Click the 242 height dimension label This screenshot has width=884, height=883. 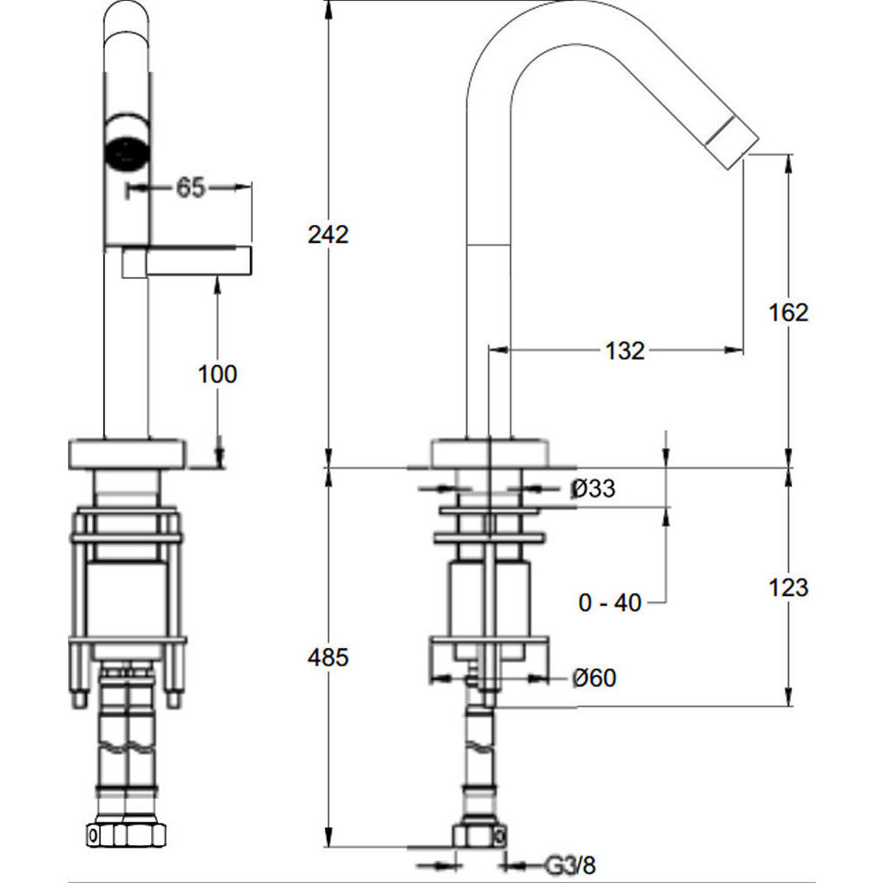[329, 234]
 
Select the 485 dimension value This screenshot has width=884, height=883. [329, 658]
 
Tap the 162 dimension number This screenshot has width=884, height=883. [788, 313]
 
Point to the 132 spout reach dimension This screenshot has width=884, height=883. [624, 351]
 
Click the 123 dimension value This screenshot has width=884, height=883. [788, 587]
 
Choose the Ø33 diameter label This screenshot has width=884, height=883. [593, 488]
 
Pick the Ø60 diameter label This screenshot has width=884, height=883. [594, 677]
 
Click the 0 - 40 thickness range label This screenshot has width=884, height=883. [610, 603]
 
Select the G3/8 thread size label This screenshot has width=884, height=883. [570, 864]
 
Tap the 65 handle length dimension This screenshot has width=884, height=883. [191, 188]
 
